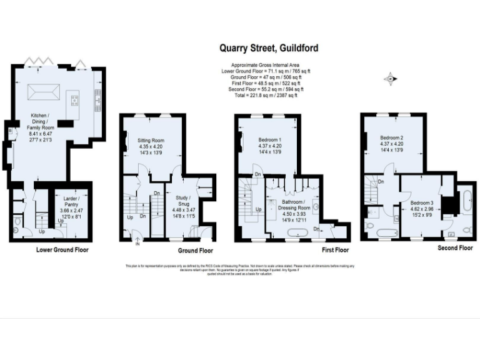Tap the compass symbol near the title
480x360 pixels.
tap(391, 78)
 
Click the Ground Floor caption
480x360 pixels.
tap(196, 251)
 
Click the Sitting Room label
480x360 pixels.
tap(151, 140)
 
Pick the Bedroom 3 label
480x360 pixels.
tap(422, 203)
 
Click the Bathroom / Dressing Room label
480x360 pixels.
tap(292, 206)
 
